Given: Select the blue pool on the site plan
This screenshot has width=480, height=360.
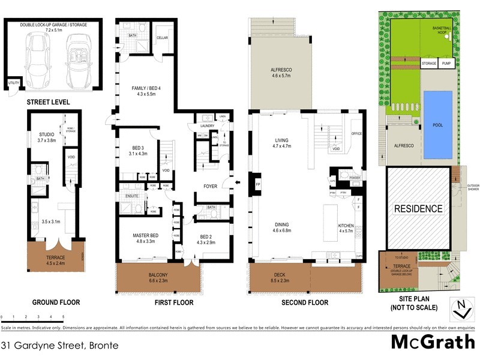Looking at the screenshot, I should coord(438,125).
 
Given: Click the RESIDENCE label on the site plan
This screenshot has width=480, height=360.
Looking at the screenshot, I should coord(418,209).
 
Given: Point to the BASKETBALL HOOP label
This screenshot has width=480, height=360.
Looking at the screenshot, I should coord(443,31).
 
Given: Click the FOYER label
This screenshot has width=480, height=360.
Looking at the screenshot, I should coord(209,187).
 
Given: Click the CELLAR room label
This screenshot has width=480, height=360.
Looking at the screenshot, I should coord(163,37).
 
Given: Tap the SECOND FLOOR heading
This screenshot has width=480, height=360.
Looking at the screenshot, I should coord(305,303).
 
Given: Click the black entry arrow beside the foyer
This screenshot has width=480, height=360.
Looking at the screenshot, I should coord(238,183).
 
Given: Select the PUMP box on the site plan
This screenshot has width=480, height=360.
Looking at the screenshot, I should coord(446,63).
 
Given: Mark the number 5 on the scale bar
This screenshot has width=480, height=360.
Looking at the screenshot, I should coord(63,317).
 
